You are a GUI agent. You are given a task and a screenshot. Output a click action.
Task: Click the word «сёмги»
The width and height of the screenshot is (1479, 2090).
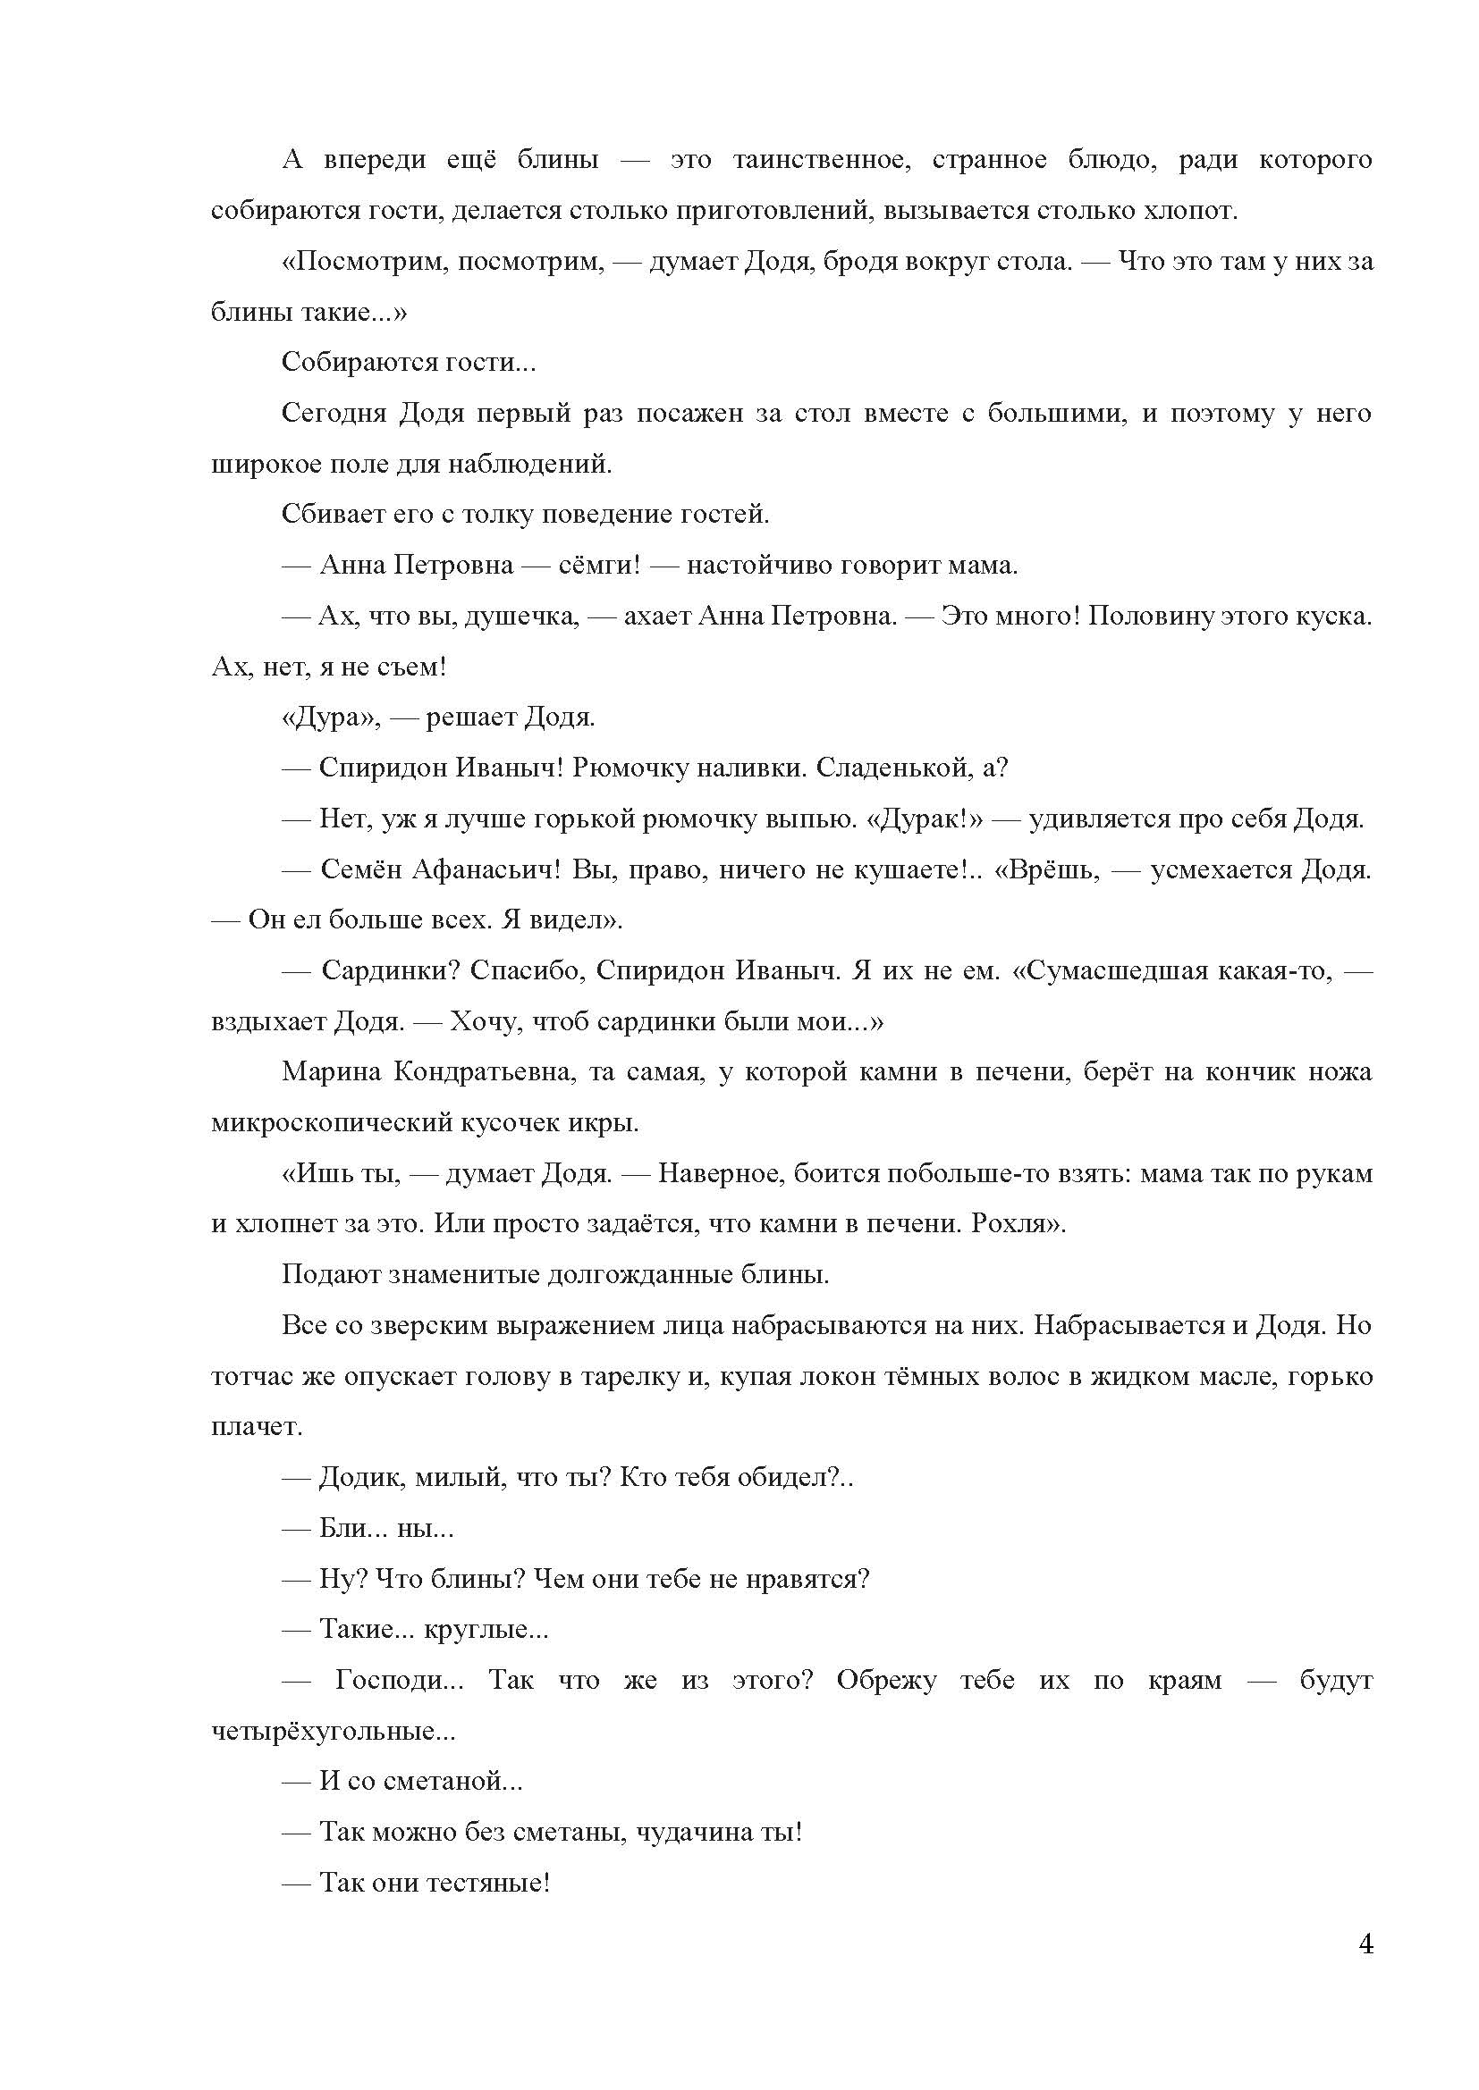click(x=593, y=566)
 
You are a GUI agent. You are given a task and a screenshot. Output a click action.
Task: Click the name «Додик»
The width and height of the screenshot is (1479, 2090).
click(x=359, y=1477)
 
